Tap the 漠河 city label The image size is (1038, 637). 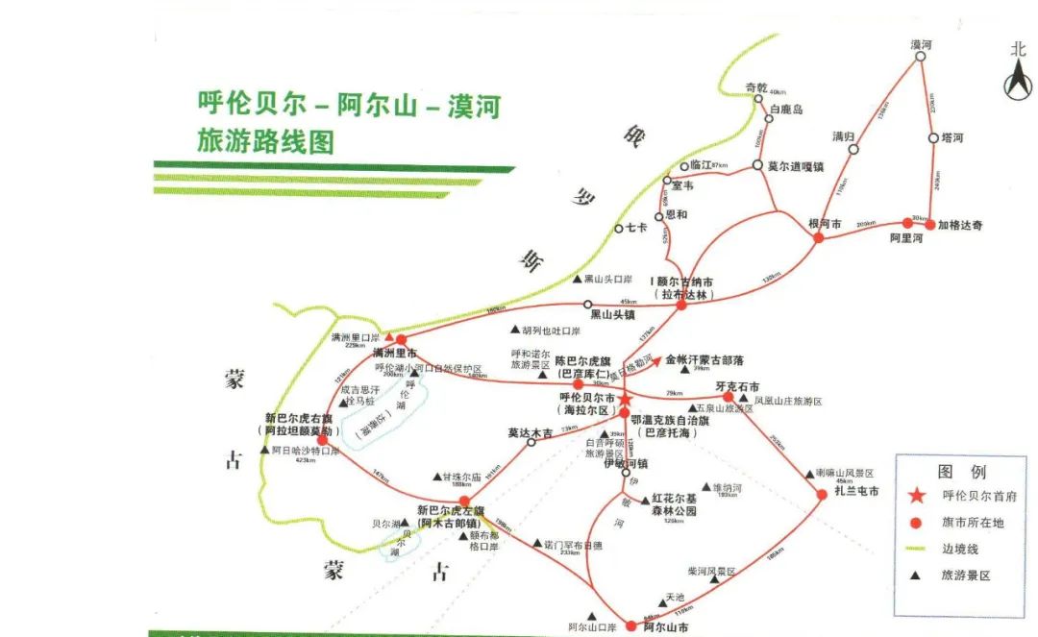click(x=922, y=44)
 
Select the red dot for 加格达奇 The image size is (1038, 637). click(x=929, y=224)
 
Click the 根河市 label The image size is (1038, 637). click(x=825, y=224)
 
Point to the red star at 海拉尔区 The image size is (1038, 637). click(x=624, y=399)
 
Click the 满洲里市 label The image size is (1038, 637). click(x=394, y=354)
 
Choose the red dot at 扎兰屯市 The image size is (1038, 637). click(x=822, y=494)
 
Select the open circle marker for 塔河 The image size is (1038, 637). click(x=932, y=139)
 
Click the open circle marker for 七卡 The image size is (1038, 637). click(x=619, y=229)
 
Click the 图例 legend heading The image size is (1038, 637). click(x=962, y=472)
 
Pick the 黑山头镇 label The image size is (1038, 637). click(x=613, y=314)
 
